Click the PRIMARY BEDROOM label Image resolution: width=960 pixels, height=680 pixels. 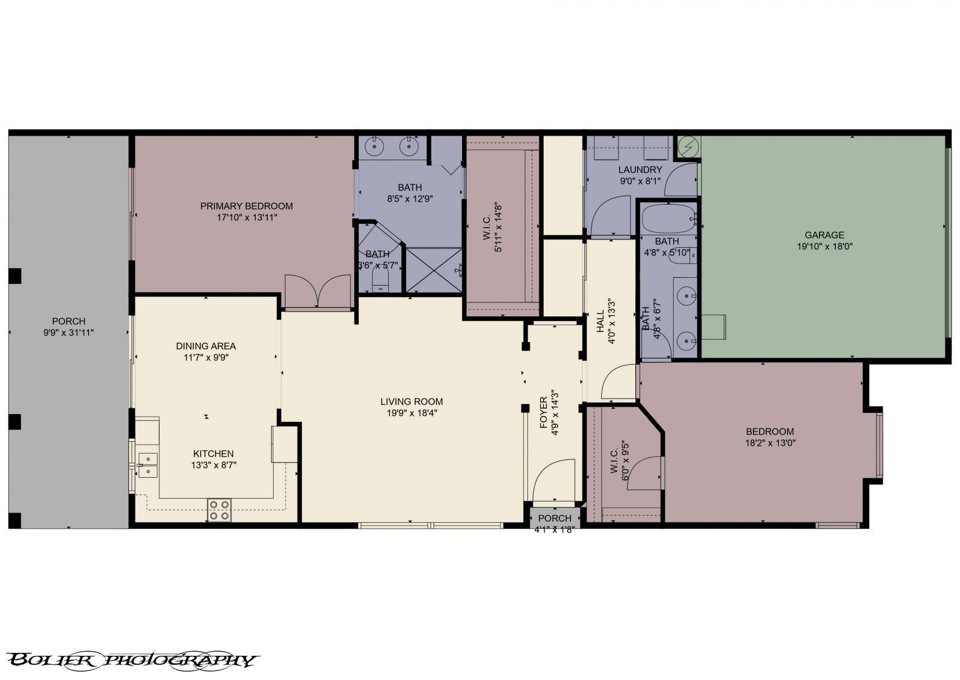pos(247,206)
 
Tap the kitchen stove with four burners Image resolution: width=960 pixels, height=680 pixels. pos(220,510)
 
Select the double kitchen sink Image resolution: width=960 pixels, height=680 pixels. pos(148,465)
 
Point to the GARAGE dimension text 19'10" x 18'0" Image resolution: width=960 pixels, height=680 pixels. pos(824,246)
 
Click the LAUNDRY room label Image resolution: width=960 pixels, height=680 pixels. pos(640,170)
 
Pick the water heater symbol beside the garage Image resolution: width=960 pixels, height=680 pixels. pos(689,146)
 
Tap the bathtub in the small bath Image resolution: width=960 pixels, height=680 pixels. pos(667,220)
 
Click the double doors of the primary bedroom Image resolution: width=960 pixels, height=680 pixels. pos(317,292)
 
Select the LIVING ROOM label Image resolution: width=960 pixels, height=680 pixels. pos(412,402)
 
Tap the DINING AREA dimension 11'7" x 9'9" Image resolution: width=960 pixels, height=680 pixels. pos(206,357)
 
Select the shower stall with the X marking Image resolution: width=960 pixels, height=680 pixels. pos(434,269)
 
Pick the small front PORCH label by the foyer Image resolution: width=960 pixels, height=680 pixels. pos(554,519)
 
